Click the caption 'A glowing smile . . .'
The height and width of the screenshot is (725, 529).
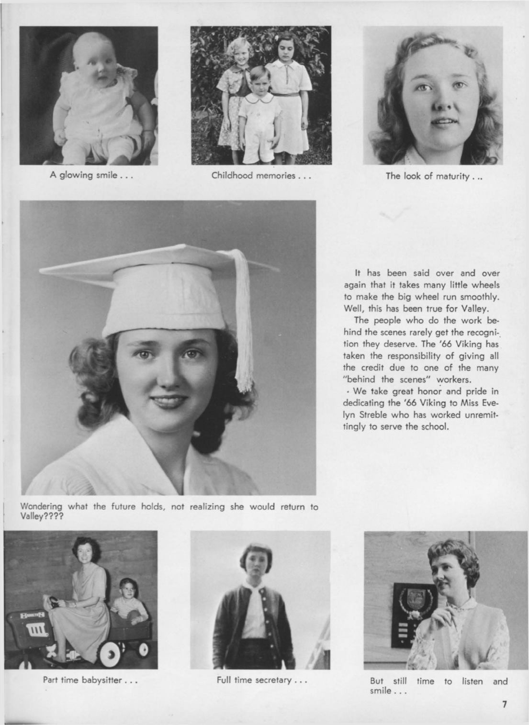point(91,175)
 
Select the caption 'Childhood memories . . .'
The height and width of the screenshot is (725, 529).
point(261,175)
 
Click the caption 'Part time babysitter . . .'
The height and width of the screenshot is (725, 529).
point(90,680)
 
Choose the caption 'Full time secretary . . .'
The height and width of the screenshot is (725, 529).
point(261,680)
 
